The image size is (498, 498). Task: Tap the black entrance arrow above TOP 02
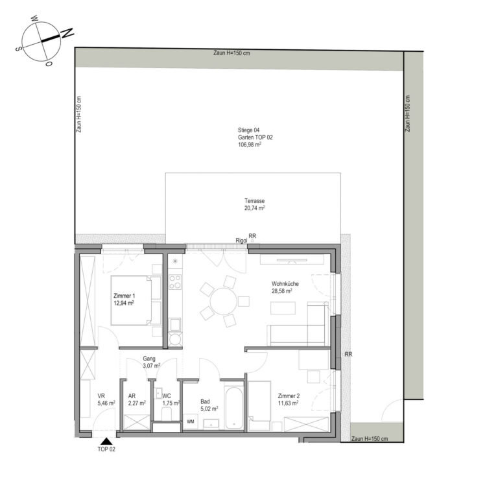pos(106,441)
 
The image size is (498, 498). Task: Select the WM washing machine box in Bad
pos(191,421)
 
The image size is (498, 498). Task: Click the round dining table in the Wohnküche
pos(223,302)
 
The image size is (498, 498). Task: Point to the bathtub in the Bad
pos(233,408)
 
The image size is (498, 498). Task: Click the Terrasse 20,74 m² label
pos(254,204)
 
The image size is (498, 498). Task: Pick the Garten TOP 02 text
pos(255,137)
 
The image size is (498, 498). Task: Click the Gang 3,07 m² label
pos(151,362)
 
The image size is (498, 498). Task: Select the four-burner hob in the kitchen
pos(175,282)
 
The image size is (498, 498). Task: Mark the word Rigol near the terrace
pos(241,241)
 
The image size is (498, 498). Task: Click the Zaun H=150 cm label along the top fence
pos(231,53)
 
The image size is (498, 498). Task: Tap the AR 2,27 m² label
pos(137,399)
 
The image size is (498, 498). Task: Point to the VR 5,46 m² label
pos(106,399)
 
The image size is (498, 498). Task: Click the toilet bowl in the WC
pos(167,414)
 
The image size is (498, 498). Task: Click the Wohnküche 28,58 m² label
pos(285,287)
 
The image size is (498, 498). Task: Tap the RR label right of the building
pos(348,354)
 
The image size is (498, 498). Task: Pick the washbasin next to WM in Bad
pos(211,423)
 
